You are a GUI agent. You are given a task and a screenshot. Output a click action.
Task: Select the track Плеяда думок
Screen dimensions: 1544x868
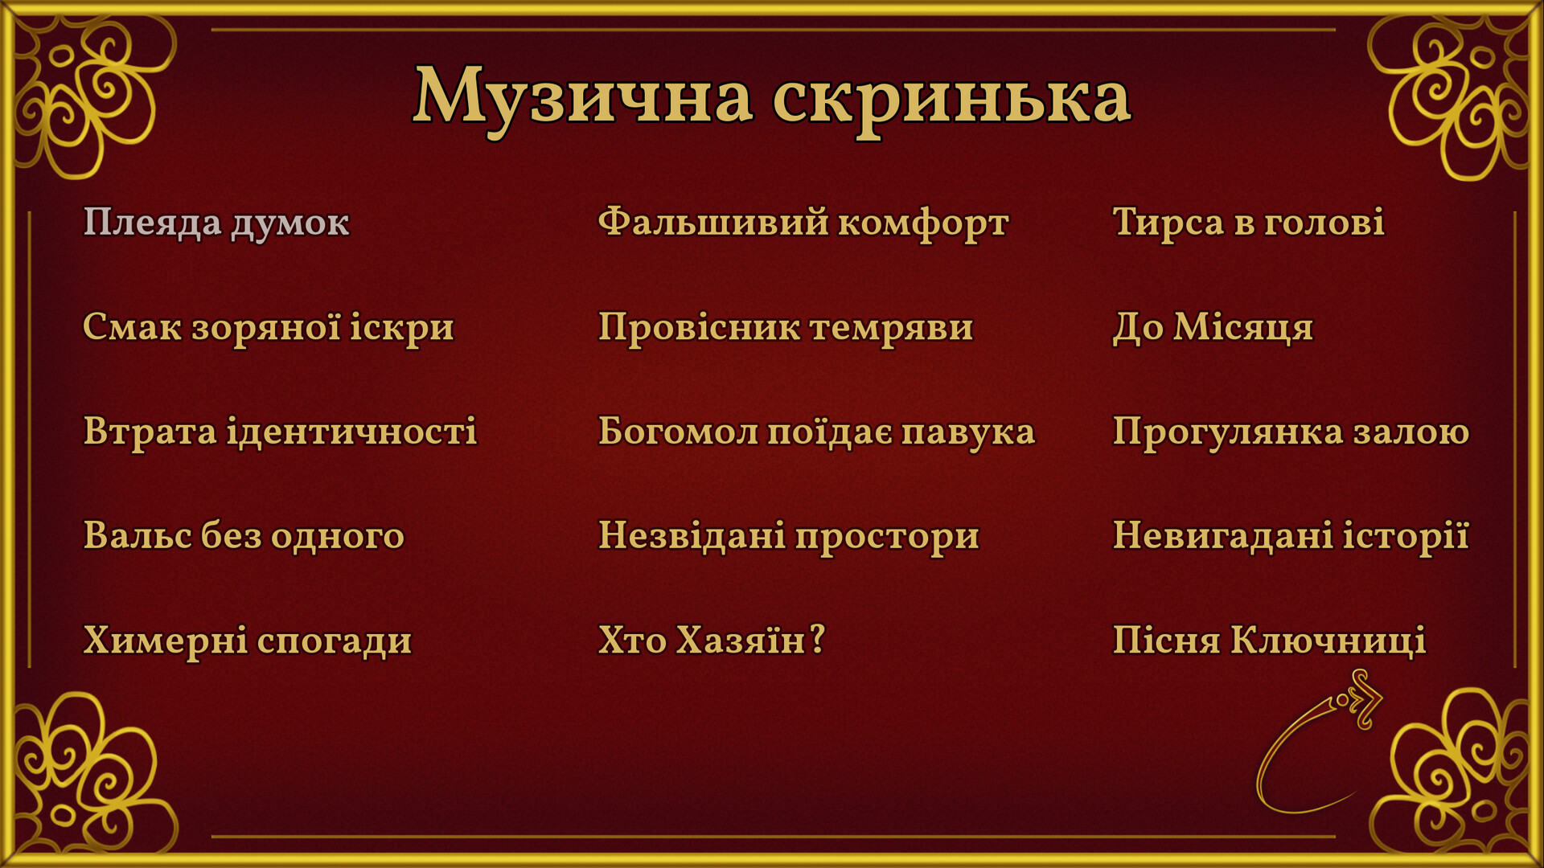click(216, 223)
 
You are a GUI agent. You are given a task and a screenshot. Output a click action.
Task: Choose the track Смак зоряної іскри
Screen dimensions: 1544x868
click(269, 327)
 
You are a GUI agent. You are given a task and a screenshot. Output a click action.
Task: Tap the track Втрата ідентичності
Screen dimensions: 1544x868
click(280, 432)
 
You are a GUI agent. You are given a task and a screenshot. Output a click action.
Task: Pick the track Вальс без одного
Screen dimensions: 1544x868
click(244, 536)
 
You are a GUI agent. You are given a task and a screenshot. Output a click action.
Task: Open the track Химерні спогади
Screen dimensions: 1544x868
click(248, 641)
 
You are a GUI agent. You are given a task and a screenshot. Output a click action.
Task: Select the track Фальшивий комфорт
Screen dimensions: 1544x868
click(803, 223)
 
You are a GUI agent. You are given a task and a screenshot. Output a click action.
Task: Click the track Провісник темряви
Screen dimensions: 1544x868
click(786, 327)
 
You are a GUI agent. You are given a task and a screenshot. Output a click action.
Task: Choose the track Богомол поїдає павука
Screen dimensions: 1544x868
click(816, 432)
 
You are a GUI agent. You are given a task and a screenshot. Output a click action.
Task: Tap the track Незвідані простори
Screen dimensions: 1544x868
click(789, 536)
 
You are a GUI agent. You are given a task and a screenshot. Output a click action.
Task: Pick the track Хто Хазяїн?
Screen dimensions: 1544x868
click(712, 640)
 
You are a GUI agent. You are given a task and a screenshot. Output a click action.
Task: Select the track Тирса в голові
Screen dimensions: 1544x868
click(1249, 223)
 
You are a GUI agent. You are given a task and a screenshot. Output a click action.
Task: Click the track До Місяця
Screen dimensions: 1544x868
click(1213, 327)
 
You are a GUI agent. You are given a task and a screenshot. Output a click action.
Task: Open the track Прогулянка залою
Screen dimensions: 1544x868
click(1291, 432)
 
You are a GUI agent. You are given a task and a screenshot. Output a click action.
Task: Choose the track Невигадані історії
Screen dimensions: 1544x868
click(1291, 535)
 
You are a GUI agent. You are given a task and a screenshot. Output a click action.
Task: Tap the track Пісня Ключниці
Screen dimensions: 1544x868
click(1269, 641)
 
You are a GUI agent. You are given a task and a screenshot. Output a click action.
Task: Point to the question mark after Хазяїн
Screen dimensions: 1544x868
click(817, 640)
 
